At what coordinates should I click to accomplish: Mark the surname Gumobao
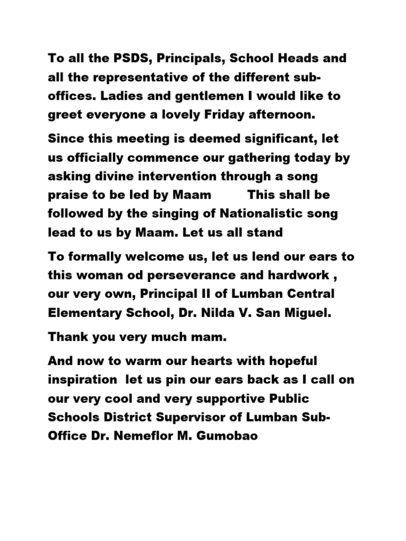[222, 437]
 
